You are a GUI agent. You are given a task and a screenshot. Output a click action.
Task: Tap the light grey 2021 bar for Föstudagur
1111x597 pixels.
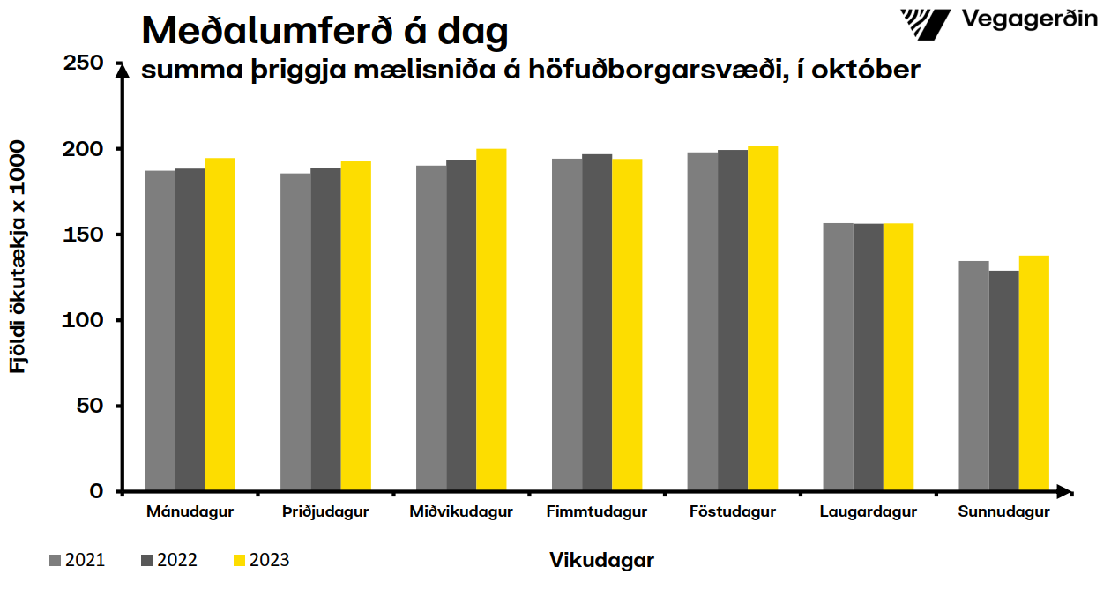point(703,322)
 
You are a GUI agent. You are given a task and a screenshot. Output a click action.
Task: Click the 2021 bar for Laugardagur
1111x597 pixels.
point(839,357)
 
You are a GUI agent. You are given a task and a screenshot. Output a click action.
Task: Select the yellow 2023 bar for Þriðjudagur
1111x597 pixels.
point(356,326)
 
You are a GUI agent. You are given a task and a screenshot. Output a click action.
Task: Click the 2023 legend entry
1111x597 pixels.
point(261,560)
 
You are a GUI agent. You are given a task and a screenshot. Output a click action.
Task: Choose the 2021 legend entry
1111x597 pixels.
point(77,560)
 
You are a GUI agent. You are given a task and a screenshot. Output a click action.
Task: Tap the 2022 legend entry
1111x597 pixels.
point(168,560)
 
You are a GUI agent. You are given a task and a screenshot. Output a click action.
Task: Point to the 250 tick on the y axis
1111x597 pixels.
point(85,63)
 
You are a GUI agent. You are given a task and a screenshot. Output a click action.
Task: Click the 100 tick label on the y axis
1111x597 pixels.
point(85,320)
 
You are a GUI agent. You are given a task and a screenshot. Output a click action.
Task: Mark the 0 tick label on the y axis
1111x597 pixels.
point(96,491)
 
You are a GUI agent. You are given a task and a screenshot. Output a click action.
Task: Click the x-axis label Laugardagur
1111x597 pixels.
point(868,511)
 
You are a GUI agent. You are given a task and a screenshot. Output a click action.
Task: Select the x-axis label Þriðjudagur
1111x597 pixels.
point(325,511)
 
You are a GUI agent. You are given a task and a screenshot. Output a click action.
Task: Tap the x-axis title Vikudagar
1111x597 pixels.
point(601,560)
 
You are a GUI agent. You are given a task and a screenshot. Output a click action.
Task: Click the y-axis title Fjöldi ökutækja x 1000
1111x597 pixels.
point(19,256)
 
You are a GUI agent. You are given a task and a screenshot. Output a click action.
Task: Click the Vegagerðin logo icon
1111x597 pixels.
point(925,21)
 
